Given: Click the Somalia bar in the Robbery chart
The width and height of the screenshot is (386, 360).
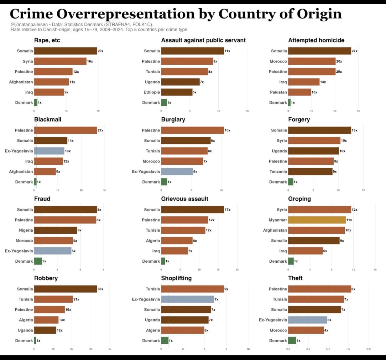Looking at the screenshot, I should pyautogui.click(x=66, y=289).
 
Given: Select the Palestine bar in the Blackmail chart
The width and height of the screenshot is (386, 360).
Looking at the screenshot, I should pyautogui.click(x=66, y=130).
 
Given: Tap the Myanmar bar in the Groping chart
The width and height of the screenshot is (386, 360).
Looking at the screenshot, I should pyautogui.click(x=317, y=220).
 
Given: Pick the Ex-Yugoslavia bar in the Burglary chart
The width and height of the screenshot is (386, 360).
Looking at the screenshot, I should pyautogui.click(x=177, y=172).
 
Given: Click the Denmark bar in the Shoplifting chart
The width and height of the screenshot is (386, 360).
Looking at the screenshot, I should pyautogui.click(x=165, y=341).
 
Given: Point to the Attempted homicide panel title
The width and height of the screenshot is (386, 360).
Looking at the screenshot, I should pyautogui.click(x=316, y=40).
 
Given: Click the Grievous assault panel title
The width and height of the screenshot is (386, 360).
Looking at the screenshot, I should pyautogui.click(x=184, y=199).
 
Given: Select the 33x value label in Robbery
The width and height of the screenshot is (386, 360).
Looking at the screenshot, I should pyautogui.click(x=100, y=289).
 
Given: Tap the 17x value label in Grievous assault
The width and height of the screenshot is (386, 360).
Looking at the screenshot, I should pyautogui.click(x=228, y=210).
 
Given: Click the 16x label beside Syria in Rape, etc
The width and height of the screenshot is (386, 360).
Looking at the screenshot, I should pyautogui.click(x=90, y=62).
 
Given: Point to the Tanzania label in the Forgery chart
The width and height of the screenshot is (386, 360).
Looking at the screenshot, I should pyautogui.click(x=278, y=172).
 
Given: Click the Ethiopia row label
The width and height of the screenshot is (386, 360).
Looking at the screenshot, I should pyautogui.click(x=152, y=92).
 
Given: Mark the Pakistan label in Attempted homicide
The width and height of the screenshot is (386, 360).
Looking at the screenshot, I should pyautogui.click(x=278, y=92).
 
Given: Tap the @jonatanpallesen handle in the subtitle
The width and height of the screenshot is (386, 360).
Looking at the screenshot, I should pyautogui.click(x=28, y=25).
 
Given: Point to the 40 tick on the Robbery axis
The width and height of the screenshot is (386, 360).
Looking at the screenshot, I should pyautogui.click(x=110, y=349).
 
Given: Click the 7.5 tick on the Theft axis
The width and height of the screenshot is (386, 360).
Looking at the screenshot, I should pyautogui.click(x=348, y=349).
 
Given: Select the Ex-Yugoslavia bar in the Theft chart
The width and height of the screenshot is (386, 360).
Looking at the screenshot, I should pyautogui.click(x=307, y=320).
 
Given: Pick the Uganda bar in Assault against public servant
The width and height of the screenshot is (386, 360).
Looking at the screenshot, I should pyautogui.click(x=180, y=82).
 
